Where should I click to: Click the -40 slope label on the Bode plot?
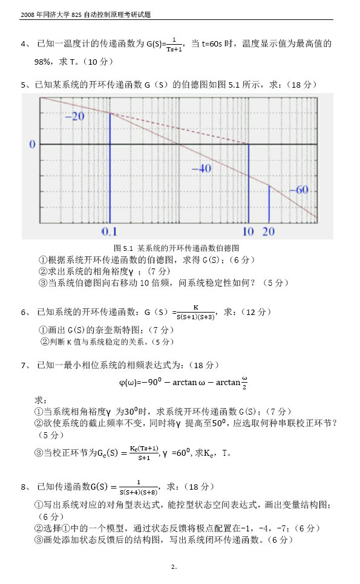[201, 169]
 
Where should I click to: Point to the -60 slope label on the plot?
[298, 190]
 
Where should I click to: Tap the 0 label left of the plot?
[32, 144]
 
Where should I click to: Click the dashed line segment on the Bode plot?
[182, 128]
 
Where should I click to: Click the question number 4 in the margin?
[24, 44]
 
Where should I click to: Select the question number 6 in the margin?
[24, 313]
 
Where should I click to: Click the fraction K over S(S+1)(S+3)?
[195, 312]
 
